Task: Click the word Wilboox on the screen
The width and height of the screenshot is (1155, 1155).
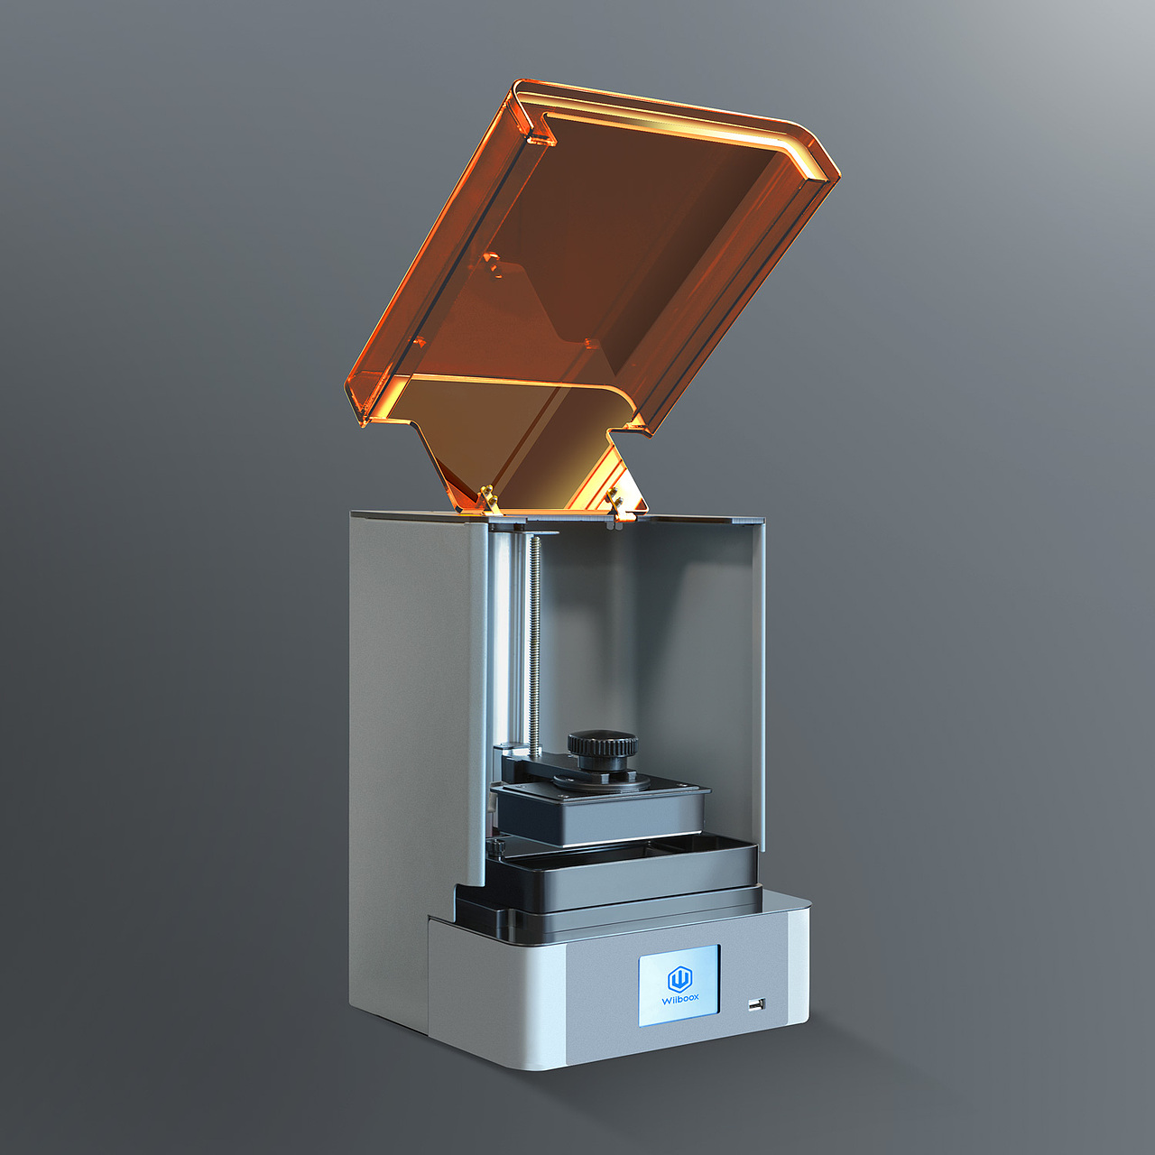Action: tap(679, 999)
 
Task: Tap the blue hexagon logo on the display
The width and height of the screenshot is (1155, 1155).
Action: tap(679, 978)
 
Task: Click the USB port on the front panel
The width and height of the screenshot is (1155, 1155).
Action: tap(755, 1003)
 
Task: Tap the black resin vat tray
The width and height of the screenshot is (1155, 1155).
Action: tap(623, 871)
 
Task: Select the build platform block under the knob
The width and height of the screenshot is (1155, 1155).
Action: tap(600, 812)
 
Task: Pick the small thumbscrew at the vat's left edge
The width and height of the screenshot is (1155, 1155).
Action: tap(495, 846)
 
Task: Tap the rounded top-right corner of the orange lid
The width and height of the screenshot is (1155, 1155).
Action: tap(817, 149)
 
